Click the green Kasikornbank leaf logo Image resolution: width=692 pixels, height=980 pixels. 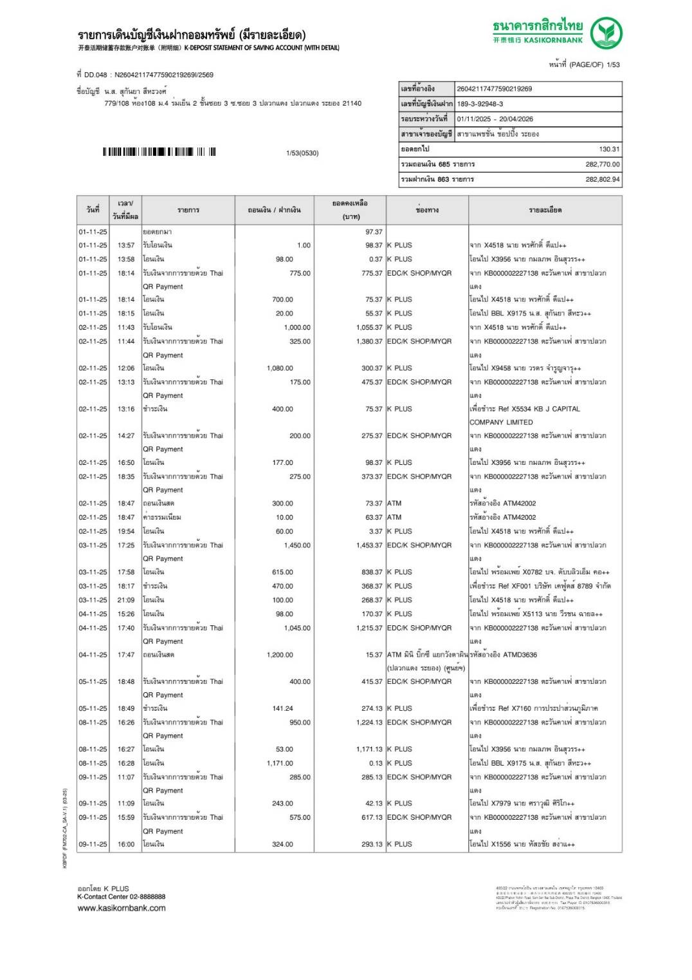(x=606, y=33)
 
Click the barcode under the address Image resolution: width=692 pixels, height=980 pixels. (x=159, y=152)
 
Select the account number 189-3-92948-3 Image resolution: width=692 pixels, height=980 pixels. (x=480, y=104)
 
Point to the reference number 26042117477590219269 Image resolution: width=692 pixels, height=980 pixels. (x=494, y=89)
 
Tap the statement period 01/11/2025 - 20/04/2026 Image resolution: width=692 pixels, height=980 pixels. (x=495, y=119)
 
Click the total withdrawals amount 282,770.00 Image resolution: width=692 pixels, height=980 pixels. (x=602, y=164)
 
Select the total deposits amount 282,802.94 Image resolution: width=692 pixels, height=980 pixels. (x=602, y=179)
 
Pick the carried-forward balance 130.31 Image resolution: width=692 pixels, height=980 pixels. (x=609, y=149)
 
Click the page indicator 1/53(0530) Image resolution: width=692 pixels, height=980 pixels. (x=302, y=153)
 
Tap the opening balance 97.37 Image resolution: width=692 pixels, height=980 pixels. (x=374, y=232)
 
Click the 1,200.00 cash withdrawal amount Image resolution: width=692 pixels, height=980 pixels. (x=280, y=655)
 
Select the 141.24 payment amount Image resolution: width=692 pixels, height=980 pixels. (x=282, y=708)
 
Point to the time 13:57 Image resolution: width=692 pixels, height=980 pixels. (x=126, y=245)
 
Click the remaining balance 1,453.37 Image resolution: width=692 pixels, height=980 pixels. (x=369, y=545)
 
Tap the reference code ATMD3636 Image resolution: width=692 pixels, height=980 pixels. (x=520, y=655)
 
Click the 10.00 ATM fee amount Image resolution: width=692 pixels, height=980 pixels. (x=284, y=517)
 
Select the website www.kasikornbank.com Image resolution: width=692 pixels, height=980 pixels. (x=122, y=908)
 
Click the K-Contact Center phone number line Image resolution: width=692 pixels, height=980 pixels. (x=121, y=896)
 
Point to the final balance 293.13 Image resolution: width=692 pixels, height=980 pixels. (x=372, y=844)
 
